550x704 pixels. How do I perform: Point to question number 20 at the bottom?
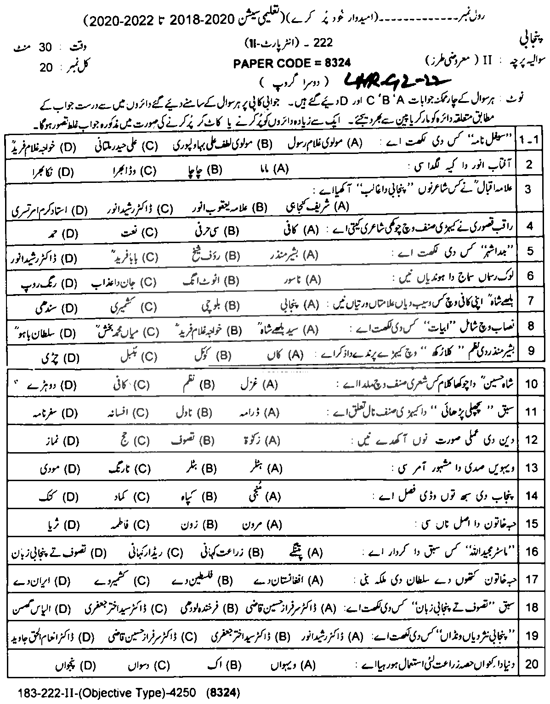point(531,664)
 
